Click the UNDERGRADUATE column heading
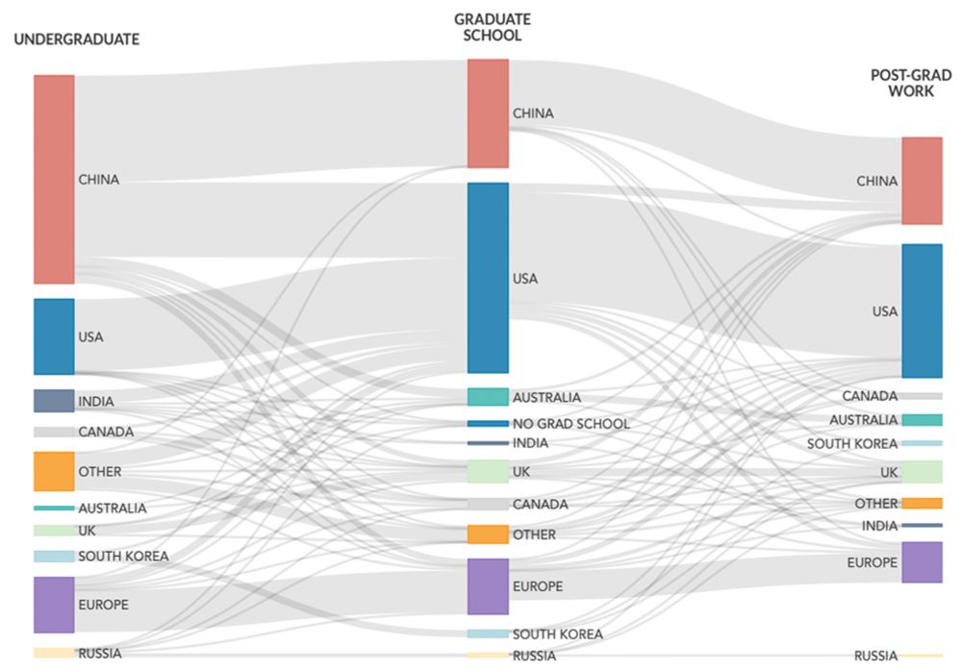click(x=77, y=39)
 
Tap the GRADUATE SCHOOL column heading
click(x=492, y=28)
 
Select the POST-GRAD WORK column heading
click(x=911, y=84)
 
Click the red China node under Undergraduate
click(x=54, y=179)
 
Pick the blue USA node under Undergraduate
click(x=54, y=336)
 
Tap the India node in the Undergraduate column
click(x=54, y=401)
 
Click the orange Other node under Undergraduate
click(x=54, y=472)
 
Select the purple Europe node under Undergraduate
click(x=54, y=605)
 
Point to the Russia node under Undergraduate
click(x=54, y=653)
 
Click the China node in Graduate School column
click(x=489, y=113)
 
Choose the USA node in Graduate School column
click(x=489, y=278)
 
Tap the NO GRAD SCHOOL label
click(x=571, y=424)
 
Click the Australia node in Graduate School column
click(x=489, y=397)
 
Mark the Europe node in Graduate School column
click(x=489, y=586)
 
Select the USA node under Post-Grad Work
click(x=923, y=311)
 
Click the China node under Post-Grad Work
click(x=923, y=181)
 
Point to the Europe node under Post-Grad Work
click(x=923, y=562)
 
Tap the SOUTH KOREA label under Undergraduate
click(x=123, y=557)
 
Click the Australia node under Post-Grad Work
click(x=923, y=420)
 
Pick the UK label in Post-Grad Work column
click(x=889, y=472)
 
